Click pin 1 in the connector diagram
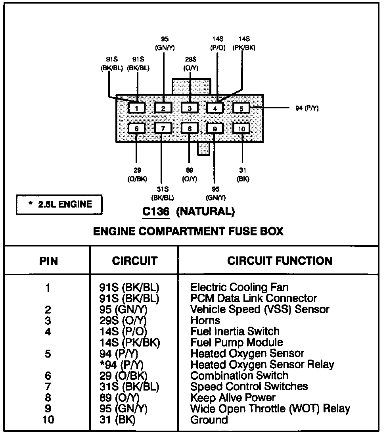tap(137, 108)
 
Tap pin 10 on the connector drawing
tap(241, 128)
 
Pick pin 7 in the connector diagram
tap(163, 128)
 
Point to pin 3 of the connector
tap(190, 108)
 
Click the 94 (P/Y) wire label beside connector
tap(307, 108)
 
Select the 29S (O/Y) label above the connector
tap(190, 64)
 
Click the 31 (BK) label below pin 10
tap(243, 175)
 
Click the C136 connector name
tap(156, 212)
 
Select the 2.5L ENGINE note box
tap(59, 205)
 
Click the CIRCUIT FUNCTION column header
tap(280, 261)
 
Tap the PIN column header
tap(48, 261)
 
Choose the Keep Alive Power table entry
tap(233, 397)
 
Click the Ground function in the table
tap(209, 420)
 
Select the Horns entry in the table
tap(205, 320)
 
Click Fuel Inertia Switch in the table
tap(235, 331)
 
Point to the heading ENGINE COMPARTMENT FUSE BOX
tap(188, 231)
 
